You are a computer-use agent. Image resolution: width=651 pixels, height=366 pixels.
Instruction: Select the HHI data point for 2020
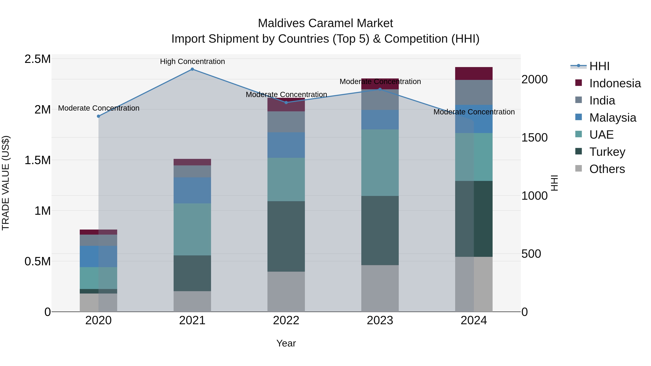pos(99,116)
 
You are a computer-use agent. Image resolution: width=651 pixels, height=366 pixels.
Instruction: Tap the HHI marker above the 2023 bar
pos(380,89)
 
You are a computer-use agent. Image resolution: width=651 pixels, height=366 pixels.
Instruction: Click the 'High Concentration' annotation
pos(192,61)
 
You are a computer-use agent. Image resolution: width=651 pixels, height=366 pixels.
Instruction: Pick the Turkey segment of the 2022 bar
pos(286,236)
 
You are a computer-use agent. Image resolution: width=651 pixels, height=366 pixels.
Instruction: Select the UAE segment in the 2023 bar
pos(380,162)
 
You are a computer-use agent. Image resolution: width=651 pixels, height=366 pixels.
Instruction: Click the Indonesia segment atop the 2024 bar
pos(474,74)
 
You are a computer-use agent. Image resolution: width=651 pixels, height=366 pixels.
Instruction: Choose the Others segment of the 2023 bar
pos(380,288)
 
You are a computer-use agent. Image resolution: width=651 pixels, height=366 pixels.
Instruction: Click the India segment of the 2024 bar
pos(474,92)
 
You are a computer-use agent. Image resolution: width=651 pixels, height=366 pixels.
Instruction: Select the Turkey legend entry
pos(607,152)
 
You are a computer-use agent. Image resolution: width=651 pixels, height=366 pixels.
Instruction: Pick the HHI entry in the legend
pos(599,66)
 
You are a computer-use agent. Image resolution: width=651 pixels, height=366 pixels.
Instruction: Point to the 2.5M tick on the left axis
pos(38,59)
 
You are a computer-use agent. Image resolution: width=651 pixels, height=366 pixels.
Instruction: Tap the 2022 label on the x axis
pos(286,320)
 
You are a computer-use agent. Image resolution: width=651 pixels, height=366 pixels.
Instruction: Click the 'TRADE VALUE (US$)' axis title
pos(6,183)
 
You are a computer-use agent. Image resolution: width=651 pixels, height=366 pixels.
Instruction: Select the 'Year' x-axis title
pos(286,343)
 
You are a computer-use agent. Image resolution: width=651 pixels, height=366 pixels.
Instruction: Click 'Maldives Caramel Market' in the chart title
pos(325,23)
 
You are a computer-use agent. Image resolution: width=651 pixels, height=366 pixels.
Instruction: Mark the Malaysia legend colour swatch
pos(578,117)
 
